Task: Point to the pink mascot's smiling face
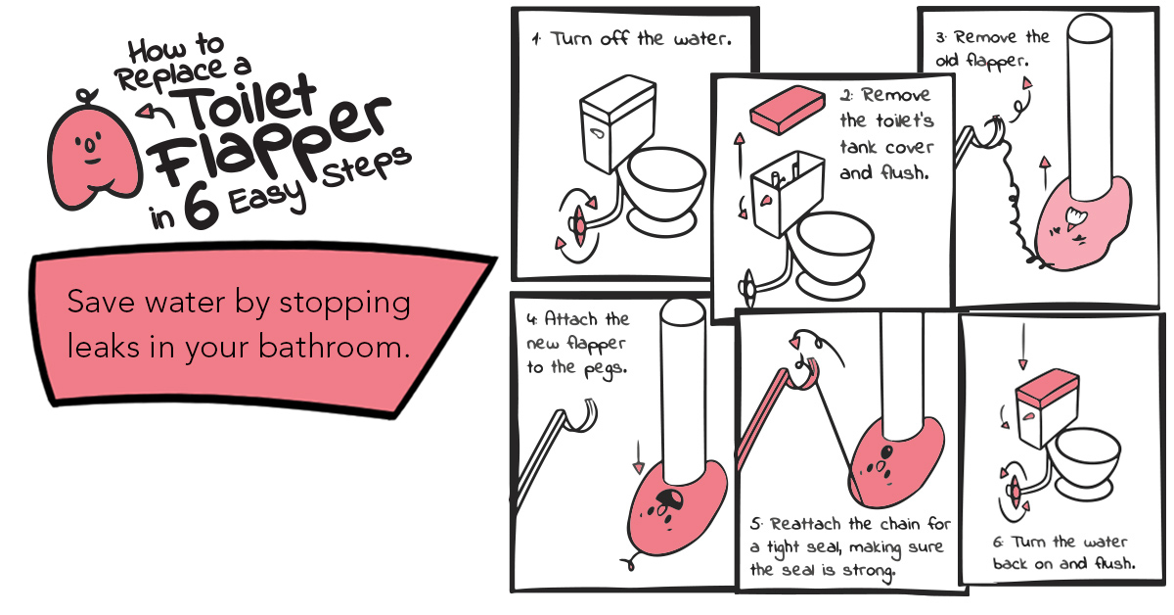tap(90, 150)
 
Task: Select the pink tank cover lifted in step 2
tap(788, 109)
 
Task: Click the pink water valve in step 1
tap(579, 225)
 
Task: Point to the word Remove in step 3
tap(985, 38)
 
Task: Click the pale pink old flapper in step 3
tap(1082, 224)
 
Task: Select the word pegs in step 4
tap(606, 369)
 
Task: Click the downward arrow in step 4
tap(638, 456)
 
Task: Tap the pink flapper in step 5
tap(895, 463)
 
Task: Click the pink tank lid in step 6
tap(1047, 387)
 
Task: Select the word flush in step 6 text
tap(1114, 563)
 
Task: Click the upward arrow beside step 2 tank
tap(740, 156)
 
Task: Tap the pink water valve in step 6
tap(1015, 492)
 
